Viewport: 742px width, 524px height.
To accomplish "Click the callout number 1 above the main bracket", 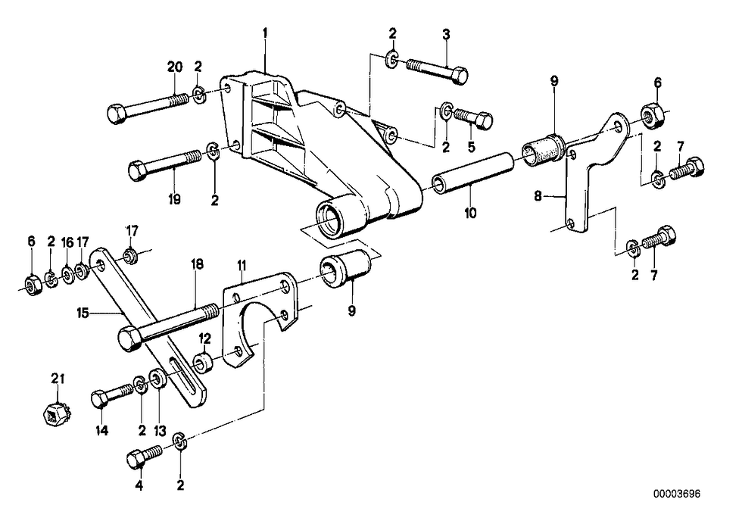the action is tap(266, 33).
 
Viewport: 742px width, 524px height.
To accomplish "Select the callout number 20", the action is tap(175, 67).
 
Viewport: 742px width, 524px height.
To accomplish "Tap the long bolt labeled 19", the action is tap(165, 163).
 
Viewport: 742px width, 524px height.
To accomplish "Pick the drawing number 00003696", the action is tap(677, 494).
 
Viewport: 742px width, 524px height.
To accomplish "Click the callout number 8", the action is tap(538, 195).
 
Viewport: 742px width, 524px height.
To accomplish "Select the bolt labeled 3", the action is tap(437, 70).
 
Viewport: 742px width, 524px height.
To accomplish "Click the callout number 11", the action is tap(242, 265).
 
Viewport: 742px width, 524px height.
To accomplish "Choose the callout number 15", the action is tap(83, 313).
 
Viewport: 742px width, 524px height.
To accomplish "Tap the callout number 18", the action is tap(197, 264).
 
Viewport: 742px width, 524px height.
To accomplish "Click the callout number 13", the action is tap(160, 431).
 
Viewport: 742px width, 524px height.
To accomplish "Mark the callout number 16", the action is tap(67, 242).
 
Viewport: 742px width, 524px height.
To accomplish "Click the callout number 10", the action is tap(470, 213).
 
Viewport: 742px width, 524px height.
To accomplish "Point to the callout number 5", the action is tap(471, 147).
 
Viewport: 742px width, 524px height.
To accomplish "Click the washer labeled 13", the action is tap(157, 379).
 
